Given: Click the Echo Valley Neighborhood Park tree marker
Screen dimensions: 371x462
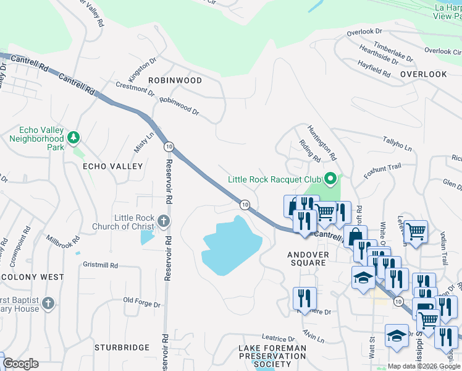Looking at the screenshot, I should tap(73, 136).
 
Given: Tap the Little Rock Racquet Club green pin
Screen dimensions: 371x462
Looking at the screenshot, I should tap(330, 179).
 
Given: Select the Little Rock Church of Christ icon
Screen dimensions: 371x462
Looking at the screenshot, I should tap(163, 221).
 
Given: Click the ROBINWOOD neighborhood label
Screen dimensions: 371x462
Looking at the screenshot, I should tap(175, 80).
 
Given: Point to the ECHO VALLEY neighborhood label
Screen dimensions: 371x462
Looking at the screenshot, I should tap(113, 166).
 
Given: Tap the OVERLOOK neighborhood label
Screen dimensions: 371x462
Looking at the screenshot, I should tap(423, 74).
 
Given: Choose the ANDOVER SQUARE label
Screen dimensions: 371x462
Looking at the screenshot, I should tap(307, 258).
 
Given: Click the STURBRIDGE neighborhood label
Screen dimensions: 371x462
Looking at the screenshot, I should tap(122, 348).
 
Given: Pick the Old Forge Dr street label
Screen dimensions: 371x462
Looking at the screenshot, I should tap(141, 302).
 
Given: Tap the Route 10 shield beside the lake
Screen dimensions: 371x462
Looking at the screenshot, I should tap(245, 204).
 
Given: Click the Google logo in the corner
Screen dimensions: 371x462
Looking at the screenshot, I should tap(20, 364).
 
